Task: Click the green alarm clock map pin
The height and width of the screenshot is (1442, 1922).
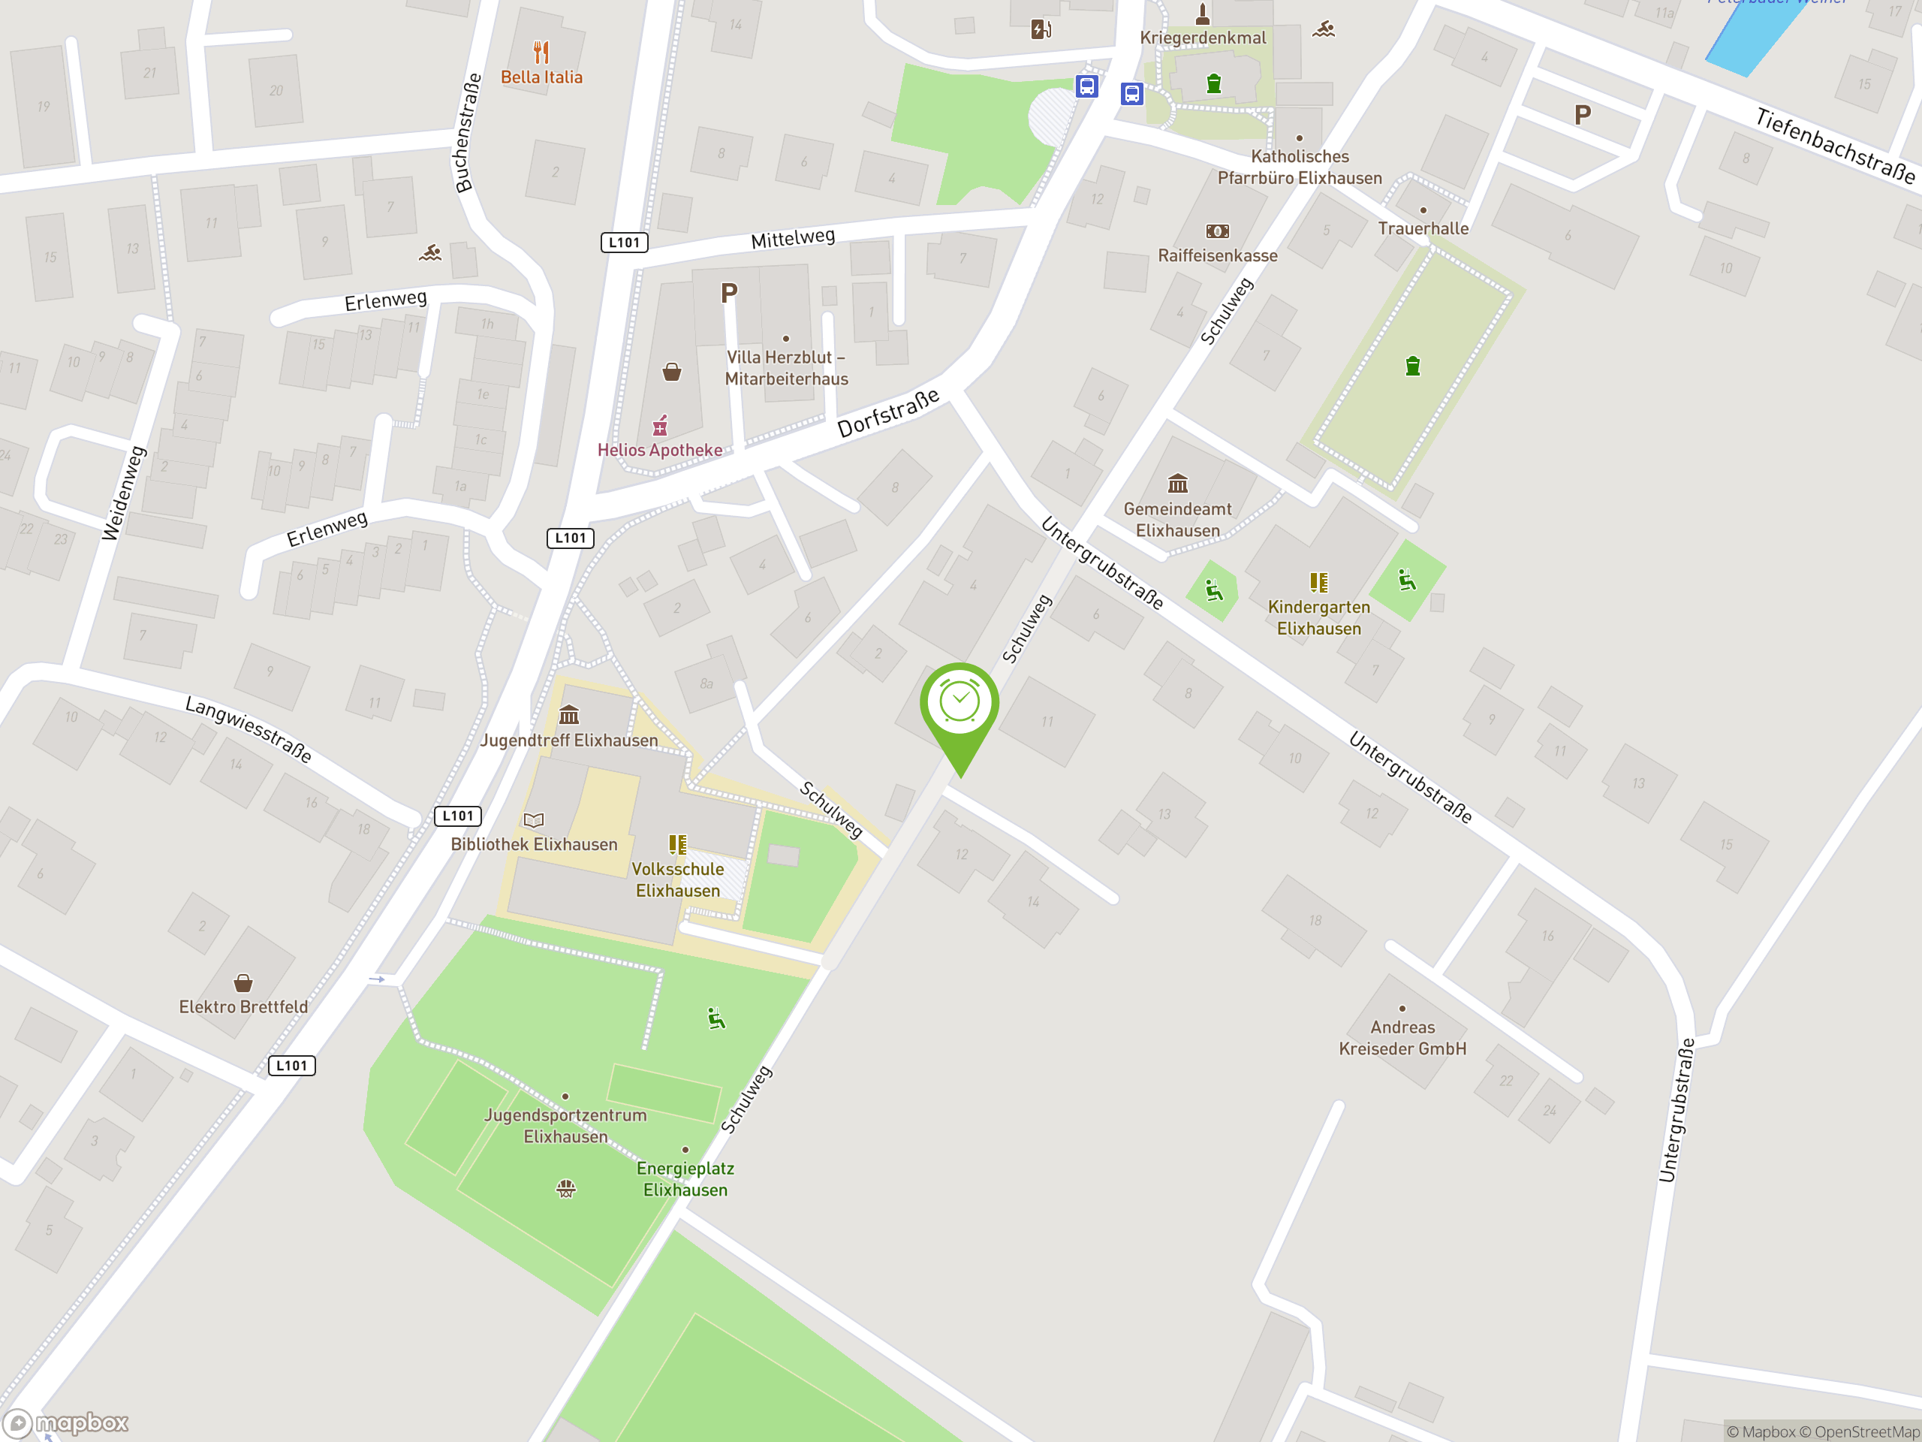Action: (959, 703)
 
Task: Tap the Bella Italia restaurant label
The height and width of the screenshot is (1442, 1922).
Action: (541, 77)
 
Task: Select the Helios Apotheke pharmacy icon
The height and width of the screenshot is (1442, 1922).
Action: (661, 426)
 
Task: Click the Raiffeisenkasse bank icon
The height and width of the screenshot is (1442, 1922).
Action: (1217, 231)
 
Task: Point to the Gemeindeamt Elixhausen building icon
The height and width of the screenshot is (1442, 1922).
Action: (1177, 483)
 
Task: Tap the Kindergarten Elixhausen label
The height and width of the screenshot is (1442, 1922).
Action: (1318, 617)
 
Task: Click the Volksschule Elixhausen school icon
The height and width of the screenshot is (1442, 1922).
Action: (678, 844)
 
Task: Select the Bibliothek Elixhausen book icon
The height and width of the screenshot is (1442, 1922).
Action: (534, 819)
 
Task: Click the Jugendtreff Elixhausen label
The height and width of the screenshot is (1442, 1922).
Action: (569, 741)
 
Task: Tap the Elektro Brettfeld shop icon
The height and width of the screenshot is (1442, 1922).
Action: (243, 983)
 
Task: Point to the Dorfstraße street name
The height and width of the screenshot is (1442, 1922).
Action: (887, 413)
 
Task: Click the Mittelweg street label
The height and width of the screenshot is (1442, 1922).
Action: (792, 238)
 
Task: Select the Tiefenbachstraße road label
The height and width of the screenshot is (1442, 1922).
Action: (1834, 145)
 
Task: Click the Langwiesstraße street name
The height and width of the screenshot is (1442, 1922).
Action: (249, 729)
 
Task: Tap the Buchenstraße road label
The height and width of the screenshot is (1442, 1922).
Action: (468, 133)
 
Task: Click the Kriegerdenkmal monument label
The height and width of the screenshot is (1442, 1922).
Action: (1203, 38)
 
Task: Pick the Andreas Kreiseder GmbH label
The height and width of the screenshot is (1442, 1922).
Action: (1402, 1038)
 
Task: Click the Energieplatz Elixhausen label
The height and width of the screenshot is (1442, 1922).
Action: (685, 1179)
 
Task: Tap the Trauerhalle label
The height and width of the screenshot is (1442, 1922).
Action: (1423, 228)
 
